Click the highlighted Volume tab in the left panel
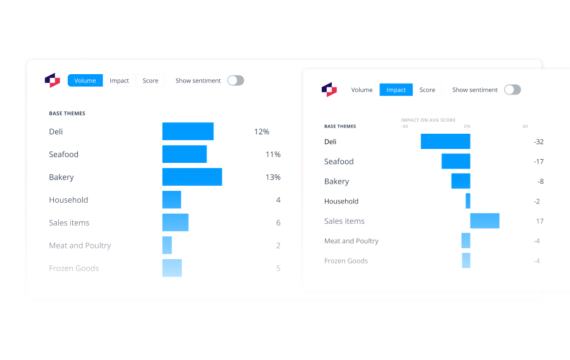click(85, 80)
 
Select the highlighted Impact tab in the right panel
click(396, 90)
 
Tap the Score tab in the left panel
click(150, 80)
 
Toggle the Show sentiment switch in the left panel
click(236, 80)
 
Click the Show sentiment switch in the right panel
click(512, 90)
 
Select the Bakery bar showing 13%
click(192, 177)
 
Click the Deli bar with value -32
click(445, 141)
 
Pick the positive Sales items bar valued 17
click(484, 221)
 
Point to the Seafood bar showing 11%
click(184, 154)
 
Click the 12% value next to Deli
click(262, 132)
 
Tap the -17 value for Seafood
click(538, 162)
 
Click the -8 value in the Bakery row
click(540, 181)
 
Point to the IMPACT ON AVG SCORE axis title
click(428, 120)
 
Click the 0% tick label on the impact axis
click(467, 126)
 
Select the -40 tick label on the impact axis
click(404, 126)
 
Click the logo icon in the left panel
click(52, 80)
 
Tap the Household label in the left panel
click(68, 200)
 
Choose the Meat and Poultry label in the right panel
click(351, 241)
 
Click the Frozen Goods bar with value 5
click(172, 268)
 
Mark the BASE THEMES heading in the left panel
click(67, 113)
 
